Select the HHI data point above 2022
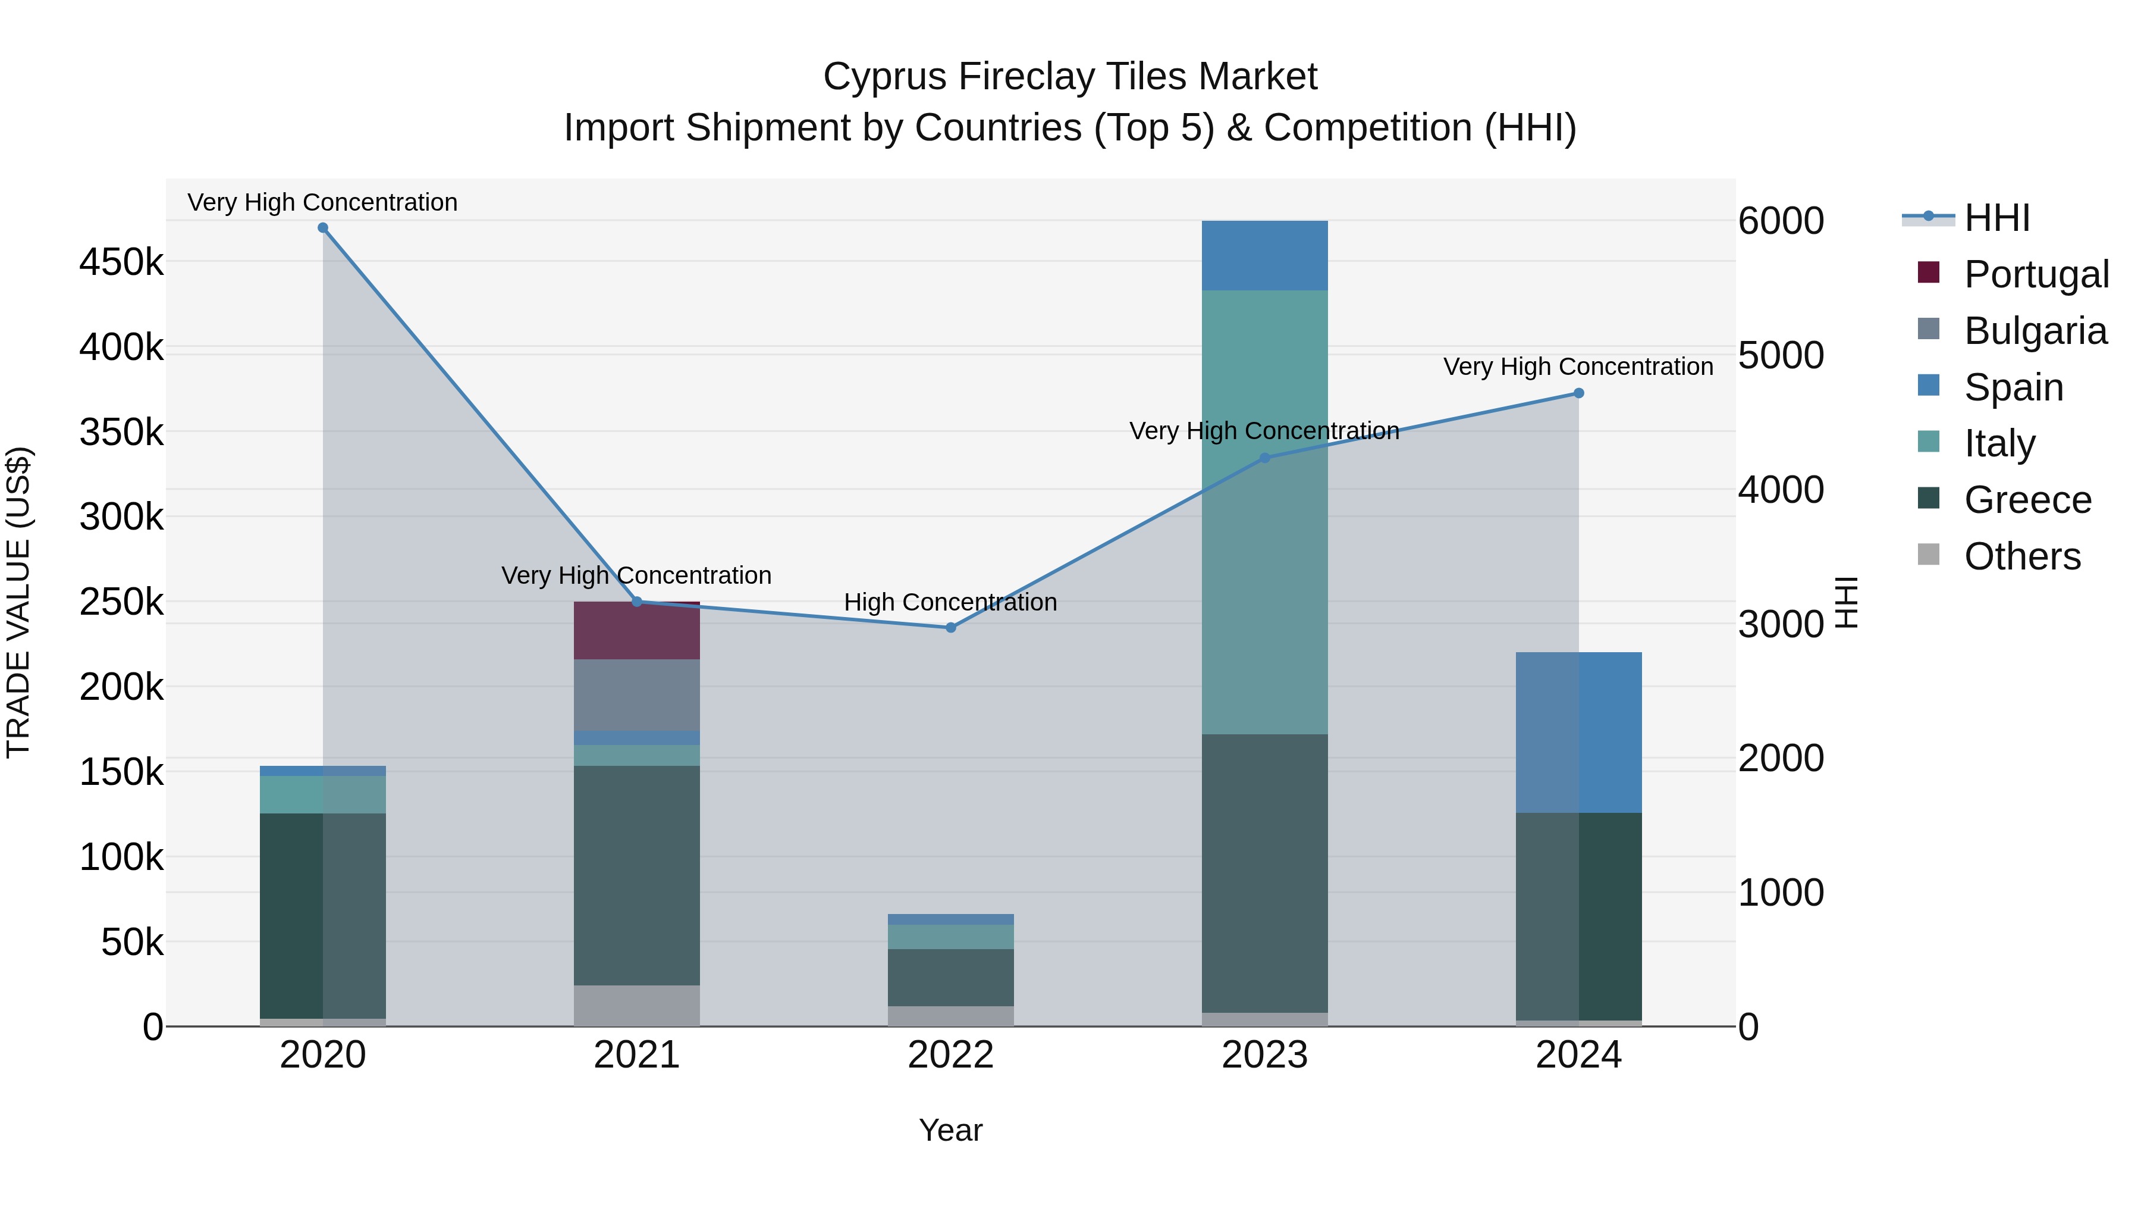coord(951,628)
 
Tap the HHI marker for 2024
coord(1578,393)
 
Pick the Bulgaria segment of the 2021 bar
coord(636,695)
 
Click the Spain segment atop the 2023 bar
coord(1264,255)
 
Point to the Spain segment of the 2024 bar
coord(1578,732)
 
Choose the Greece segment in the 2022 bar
coord(951,977)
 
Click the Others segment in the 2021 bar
coord(636,1006)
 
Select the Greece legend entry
coord(2026,500)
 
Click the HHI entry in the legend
coord(1996,218)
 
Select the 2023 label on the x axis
coord(1264,1055)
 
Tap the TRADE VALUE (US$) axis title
coord(18,602)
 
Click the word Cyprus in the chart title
coord(884,77)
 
